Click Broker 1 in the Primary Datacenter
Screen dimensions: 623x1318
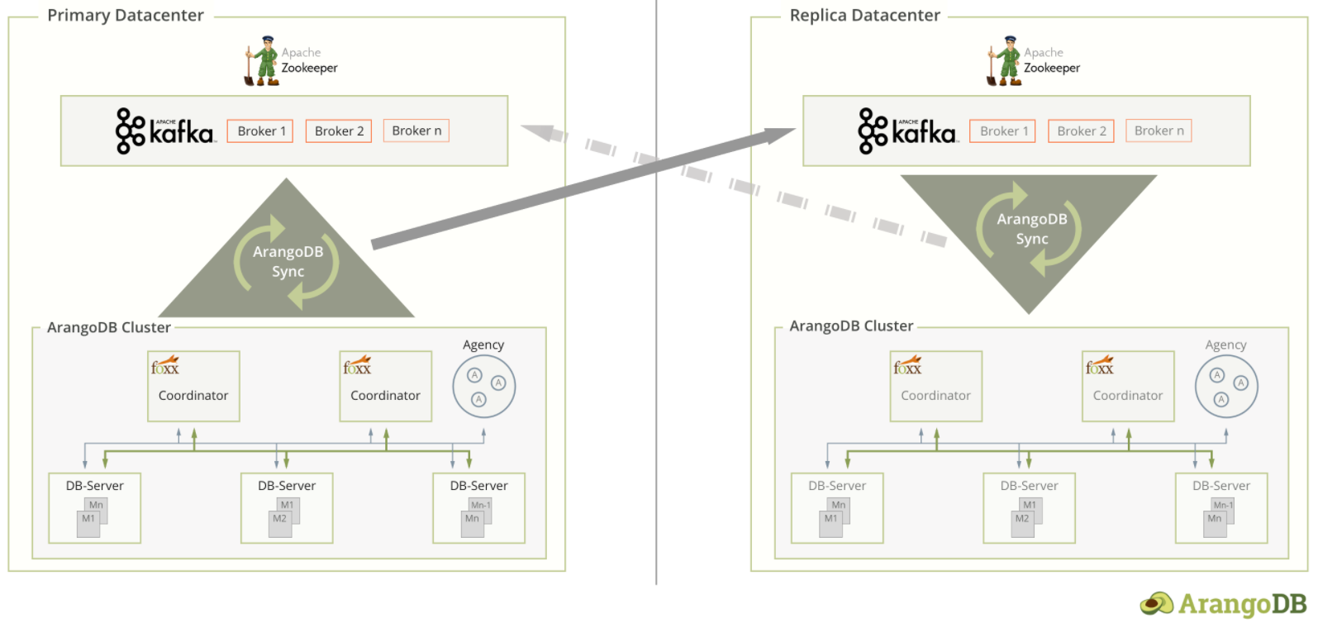(260, 131)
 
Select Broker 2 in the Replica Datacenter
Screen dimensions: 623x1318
(1081, 131)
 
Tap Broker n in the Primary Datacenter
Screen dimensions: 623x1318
(416, 131)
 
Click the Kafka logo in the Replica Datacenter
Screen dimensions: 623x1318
(906, 131)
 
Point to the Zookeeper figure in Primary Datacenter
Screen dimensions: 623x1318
(262, 61)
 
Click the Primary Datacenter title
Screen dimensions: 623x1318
(125, 16)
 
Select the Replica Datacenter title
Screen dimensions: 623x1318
(864, 16)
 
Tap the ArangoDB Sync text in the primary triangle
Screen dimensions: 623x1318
(288, 261)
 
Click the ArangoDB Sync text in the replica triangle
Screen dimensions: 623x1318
(1031, 229)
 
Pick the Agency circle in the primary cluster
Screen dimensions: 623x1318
(484, 386)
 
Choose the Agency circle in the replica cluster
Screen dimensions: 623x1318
(1226, 386)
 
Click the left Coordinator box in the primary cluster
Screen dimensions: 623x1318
(193, 387)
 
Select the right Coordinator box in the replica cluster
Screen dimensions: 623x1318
(1127, 387)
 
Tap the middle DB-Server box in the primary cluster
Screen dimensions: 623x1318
(287, 507)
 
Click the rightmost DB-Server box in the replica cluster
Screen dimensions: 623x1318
(1220, 507)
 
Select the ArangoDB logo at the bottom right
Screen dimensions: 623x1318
(1223, 604)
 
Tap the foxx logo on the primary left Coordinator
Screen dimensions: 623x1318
(164, 365)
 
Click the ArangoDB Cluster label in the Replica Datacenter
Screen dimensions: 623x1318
(851, 326)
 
